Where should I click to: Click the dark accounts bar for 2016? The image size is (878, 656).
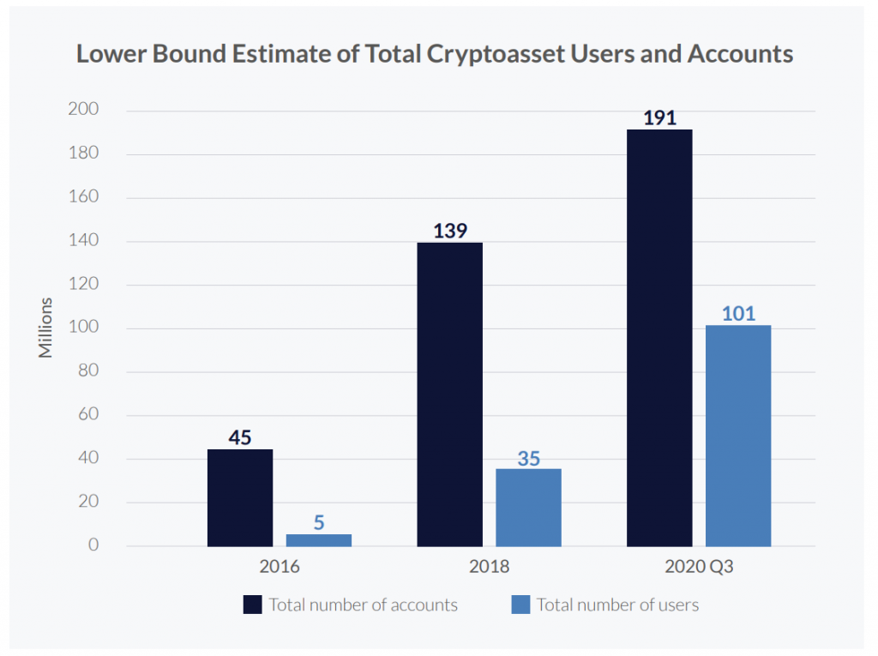240,497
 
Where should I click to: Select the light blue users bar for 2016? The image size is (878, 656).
319,540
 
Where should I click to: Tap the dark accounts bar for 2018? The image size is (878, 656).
450,394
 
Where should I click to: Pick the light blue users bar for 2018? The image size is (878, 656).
528,508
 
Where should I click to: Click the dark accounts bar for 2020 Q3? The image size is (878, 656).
659,338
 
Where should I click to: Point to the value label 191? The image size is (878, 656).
659,118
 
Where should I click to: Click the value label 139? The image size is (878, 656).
450,232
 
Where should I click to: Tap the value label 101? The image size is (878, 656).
738,314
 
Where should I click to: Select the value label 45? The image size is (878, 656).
240,437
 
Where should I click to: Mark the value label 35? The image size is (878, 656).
528,458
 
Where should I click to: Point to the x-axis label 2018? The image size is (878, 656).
489,567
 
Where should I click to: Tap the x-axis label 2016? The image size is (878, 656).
280,567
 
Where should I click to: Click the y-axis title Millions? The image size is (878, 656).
46,328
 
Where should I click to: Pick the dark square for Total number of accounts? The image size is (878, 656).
252,605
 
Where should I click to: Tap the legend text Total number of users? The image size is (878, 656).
617,605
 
